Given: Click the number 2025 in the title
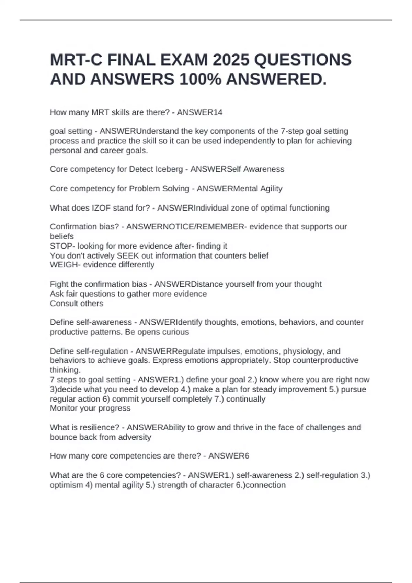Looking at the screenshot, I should (x=231, y=60).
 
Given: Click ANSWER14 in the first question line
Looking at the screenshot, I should (x=199, y=112).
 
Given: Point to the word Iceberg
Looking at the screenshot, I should (x=169, y=169).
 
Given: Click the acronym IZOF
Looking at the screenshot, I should (x=101, y=208).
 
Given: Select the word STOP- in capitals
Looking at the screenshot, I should (x=62, y=246).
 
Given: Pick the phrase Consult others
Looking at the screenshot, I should (x=77, y=304).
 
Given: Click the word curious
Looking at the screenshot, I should (x=176, y=332).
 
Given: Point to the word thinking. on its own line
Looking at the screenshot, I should (x=65, y=370).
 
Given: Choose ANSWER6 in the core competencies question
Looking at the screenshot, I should (x=229, y=456).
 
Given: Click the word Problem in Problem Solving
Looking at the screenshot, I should (x=142, y=189).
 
